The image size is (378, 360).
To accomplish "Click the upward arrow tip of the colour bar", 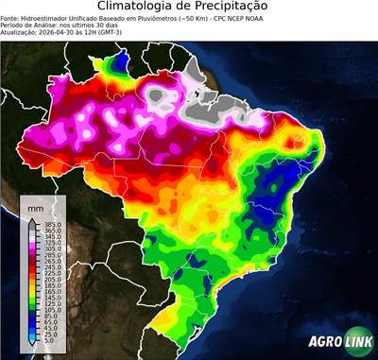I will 32,219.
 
